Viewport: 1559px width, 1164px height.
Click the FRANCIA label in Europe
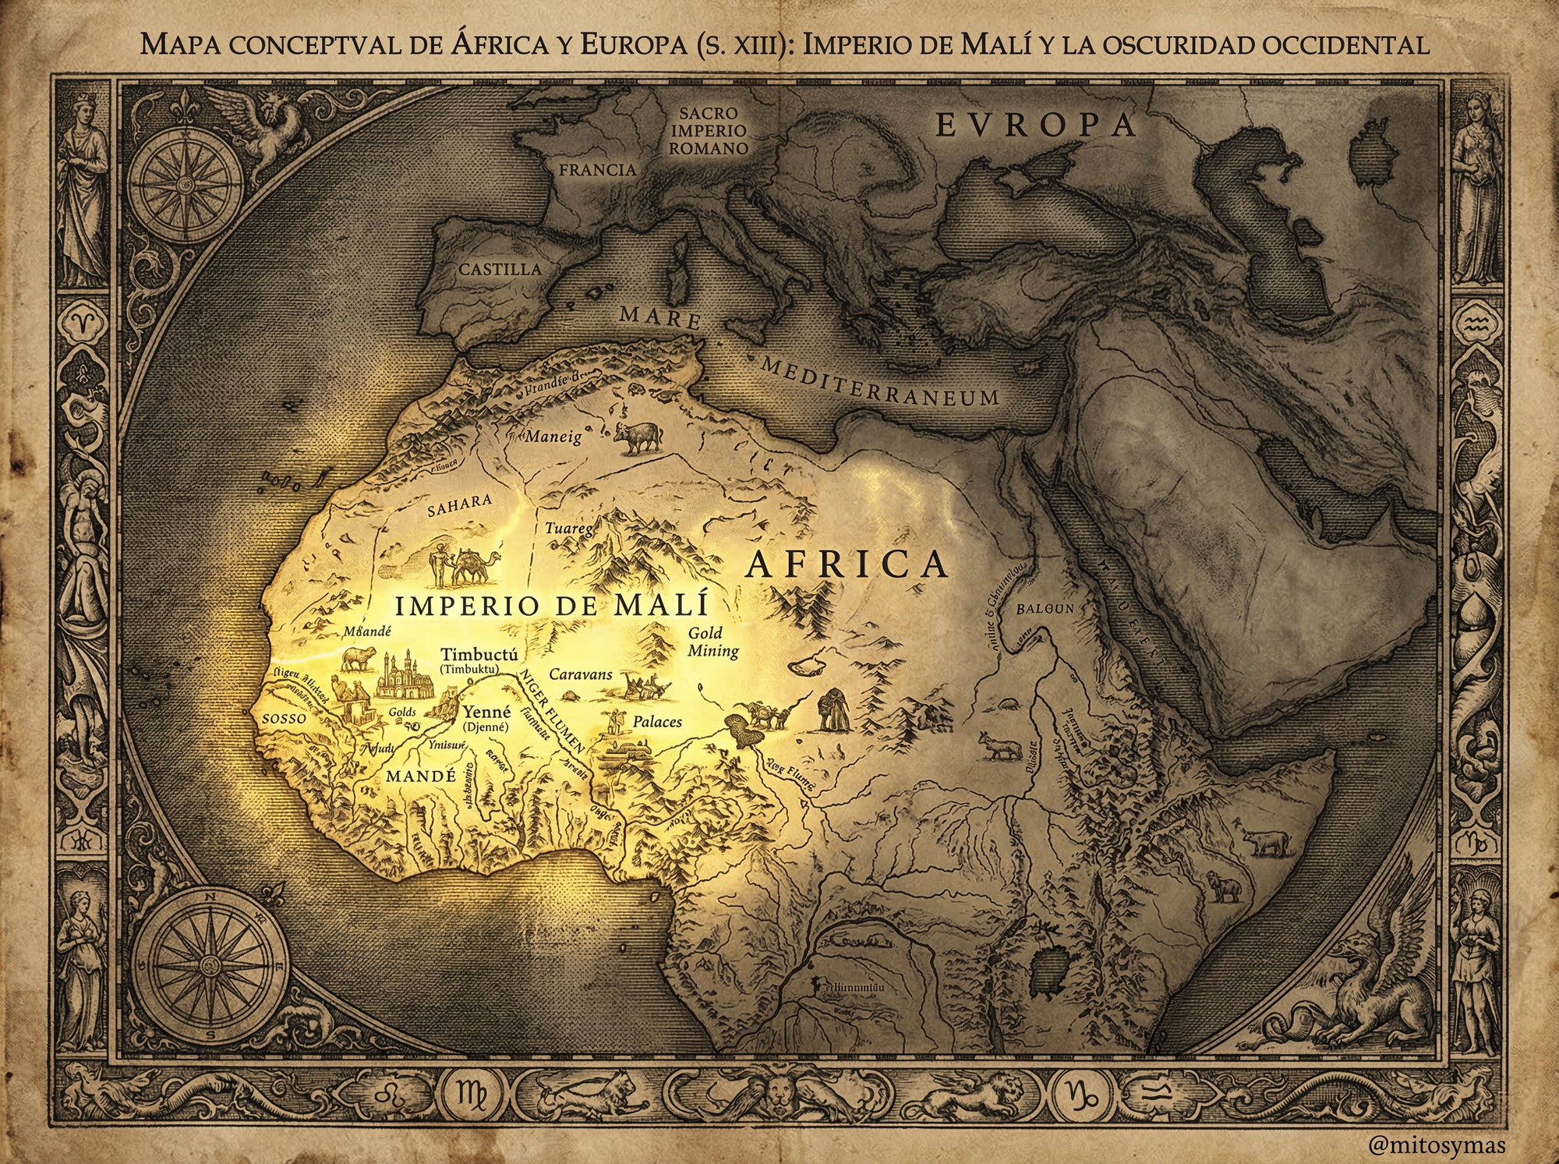click(x=597, y=170)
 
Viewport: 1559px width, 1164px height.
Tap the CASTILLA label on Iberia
click(x=500, y=270)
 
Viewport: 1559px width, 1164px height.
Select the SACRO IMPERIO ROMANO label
click(x=708, y=131)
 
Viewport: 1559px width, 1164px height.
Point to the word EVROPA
click(x=1035, y=126)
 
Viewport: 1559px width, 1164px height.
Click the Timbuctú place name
click(x=479, y=654)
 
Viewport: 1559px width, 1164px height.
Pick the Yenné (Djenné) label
click(x=486, y=718)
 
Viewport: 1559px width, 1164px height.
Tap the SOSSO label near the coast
click(x=284, y=719)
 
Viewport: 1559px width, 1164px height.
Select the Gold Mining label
click(x=711, y=642)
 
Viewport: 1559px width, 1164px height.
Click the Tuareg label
click(x=568, y=529)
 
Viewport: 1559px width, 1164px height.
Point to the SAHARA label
click(x=460, y=505)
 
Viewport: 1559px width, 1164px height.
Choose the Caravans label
click(x=581, y=674)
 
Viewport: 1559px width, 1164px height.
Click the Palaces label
click(x=657, y=722)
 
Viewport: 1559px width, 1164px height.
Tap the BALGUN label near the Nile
click(x=1045, y=609)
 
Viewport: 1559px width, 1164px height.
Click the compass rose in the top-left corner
click(x=185, y=180)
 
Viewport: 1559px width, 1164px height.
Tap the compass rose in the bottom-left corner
click(x=209, y=965)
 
